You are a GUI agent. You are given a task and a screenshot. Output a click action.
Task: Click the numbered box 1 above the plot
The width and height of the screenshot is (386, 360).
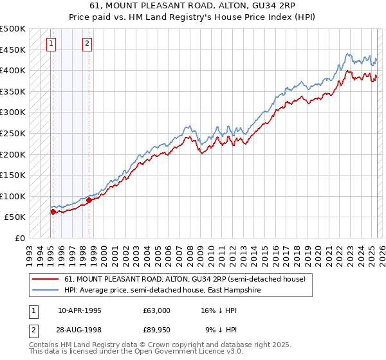tap(51, 44)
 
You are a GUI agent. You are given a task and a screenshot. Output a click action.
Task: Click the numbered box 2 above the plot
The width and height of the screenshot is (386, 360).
tap(87, 44)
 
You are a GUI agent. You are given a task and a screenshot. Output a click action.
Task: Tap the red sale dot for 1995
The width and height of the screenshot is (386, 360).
tap(53, 211)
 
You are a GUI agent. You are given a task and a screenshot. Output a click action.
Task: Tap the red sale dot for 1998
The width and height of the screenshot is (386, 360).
tap(89, 199)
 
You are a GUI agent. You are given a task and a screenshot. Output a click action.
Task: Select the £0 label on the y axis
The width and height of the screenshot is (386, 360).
tap(19, 238)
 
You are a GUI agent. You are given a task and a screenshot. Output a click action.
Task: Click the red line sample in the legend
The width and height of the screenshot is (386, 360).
tap(45, 279)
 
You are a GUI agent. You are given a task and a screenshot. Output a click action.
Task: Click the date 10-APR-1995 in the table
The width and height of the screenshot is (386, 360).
tap(80, 310)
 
